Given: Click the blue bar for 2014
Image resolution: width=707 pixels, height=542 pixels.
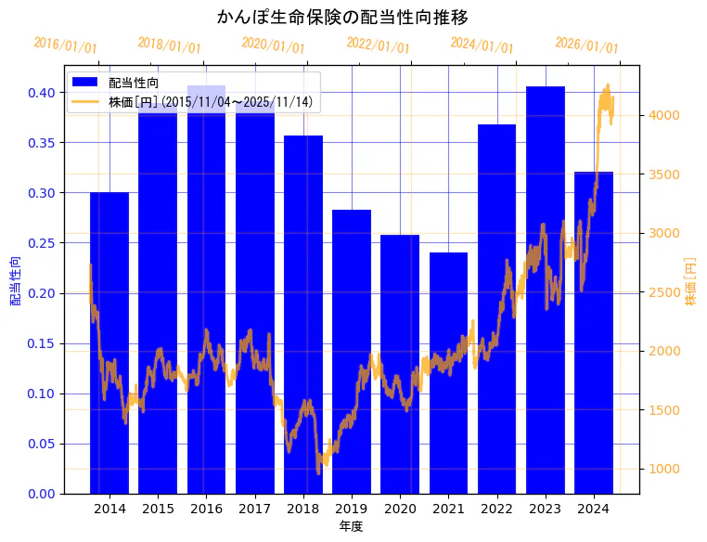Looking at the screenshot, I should pos(109,343).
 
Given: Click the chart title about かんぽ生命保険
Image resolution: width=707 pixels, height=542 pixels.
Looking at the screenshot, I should pos(342,17).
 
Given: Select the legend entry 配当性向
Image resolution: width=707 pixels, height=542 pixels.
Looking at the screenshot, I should pos(134,84).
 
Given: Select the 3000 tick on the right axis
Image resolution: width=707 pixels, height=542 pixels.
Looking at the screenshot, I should pos(664,233).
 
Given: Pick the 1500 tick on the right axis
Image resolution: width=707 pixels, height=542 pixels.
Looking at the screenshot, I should pos(664,410).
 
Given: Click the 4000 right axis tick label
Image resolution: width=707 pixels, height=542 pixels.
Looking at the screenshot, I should pos(664,115).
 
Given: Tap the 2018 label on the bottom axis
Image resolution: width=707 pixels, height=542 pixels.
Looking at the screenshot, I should pos(302,509).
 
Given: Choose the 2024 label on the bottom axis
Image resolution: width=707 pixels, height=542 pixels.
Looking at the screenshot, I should pos(593,509).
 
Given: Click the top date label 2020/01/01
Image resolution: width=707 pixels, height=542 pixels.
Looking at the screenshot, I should pos(273,45).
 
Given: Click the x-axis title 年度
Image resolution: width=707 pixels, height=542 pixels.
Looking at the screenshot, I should pos(351,526).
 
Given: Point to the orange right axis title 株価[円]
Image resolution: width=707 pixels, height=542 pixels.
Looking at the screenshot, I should pos(690,282).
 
